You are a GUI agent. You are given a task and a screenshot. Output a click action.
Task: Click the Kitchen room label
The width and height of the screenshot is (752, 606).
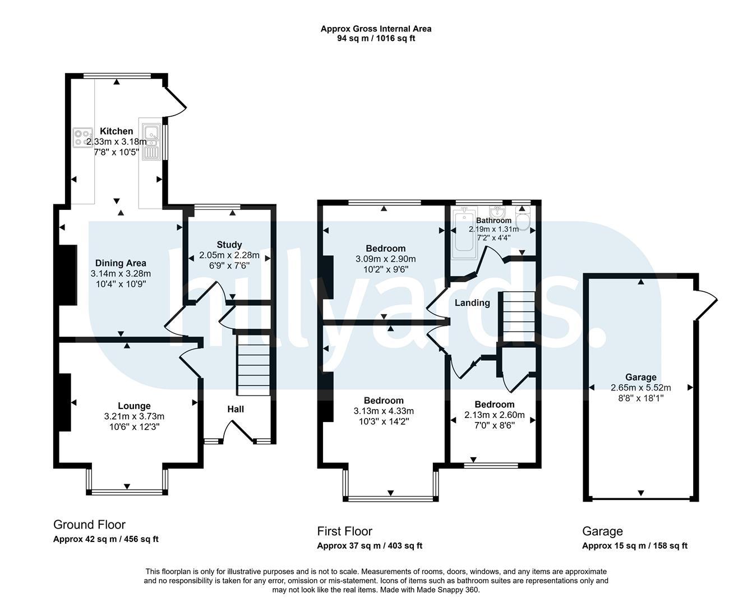pos(117,131)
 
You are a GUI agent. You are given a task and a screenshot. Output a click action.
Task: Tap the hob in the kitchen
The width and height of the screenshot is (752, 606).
pos(83,137)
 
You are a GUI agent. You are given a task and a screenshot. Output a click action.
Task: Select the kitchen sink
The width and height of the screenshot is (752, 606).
pos(151,141)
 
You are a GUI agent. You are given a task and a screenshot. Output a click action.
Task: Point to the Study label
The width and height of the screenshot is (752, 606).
pos(229,245)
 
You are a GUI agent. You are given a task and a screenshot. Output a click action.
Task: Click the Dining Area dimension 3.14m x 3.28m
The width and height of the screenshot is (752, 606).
pos(121,273)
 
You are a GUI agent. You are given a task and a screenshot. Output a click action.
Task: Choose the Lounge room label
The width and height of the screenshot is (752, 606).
pos(134,406)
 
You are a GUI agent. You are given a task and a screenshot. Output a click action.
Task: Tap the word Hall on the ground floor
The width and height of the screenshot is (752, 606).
pos(236,409)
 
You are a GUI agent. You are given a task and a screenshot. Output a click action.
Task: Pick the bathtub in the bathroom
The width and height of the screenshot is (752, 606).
pos(464,233)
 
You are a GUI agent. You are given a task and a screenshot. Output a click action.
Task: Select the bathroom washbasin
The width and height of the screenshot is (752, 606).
pos(498,212)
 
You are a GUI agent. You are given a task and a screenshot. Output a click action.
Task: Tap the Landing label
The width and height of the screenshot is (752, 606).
pos(472,303)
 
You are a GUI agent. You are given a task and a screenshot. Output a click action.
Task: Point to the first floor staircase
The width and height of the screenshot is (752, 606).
pos(519,317)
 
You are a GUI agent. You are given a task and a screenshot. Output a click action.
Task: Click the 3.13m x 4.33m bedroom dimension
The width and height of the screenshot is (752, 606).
pos(384,411)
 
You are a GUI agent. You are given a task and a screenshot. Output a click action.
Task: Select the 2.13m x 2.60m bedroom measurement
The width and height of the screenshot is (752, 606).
pos(495,415)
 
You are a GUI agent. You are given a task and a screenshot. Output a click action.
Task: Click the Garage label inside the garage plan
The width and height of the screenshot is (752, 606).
pos(641,377)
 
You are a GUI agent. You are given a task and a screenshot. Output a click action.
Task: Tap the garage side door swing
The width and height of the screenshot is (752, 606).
pos(707,306)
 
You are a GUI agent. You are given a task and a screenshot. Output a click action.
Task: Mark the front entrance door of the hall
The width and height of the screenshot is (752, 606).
pos(238,432)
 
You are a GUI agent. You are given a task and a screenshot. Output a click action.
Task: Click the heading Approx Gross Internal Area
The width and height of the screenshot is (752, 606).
pos(376,29)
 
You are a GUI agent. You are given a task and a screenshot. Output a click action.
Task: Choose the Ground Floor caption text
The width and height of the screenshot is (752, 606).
pos(89,525)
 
